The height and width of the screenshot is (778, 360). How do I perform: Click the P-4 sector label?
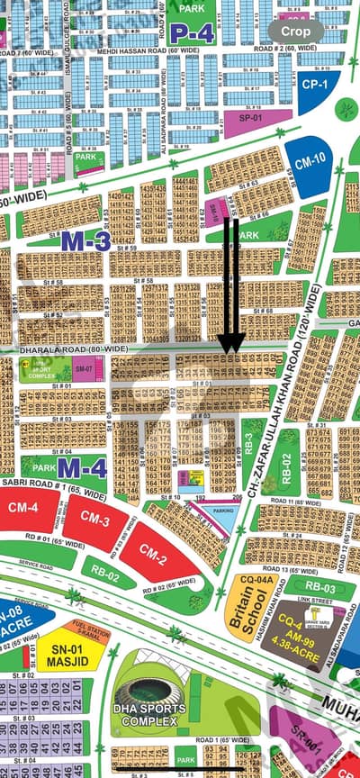191,33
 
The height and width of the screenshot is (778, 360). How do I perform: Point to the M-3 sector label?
86,240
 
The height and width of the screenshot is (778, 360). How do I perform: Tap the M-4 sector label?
85,466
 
